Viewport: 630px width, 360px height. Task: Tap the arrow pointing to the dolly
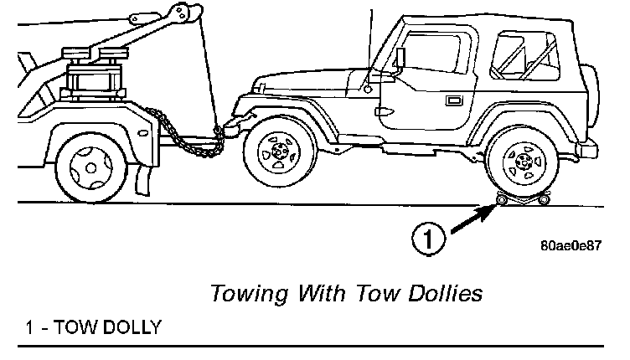point(472,218)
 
